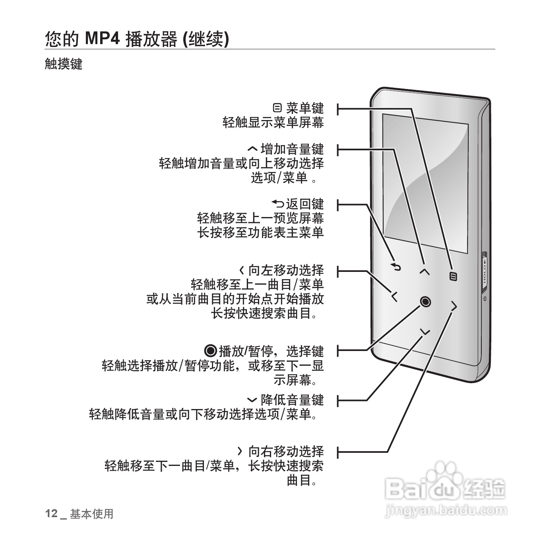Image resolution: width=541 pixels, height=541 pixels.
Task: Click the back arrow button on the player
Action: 396,267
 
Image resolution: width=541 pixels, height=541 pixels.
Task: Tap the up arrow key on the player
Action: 425,271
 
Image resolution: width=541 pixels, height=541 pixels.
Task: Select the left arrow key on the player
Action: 394,296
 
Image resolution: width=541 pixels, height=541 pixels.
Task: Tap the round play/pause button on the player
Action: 425,302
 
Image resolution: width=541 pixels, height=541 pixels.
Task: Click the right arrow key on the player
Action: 454,306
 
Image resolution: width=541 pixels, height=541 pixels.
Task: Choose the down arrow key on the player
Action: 425,331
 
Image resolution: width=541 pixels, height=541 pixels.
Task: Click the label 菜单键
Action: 305,108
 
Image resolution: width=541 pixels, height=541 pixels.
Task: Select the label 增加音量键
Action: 292,149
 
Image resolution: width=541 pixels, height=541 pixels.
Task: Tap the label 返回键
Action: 305,204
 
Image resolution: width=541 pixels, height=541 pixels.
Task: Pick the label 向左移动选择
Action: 286,270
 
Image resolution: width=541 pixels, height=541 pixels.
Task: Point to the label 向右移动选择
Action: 286,451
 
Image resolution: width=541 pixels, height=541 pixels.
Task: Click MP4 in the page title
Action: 103,39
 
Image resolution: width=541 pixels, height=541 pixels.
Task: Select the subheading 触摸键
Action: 63,64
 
